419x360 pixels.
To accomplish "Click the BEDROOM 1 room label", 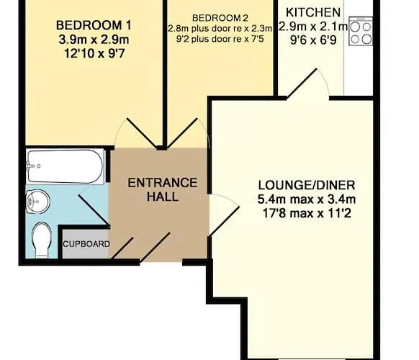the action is point(94,26).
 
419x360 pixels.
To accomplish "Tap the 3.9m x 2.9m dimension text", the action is point(94,40).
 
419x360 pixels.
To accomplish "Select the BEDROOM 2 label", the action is point(220,18).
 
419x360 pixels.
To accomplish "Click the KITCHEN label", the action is point(313,12).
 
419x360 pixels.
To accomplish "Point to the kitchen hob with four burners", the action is point(361,31).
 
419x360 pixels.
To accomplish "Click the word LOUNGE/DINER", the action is point(307,185).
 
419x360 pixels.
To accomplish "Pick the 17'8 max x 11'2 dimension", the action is point(307,214).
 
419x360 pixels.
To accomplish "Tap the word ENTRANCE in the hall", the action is point(163,183).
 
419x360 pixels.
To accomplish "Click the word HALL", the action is point(163,197).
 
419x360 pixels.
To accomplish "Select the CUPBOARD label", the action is point(86,244).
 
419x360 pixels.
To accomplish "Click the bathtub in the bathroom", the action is point(66,166).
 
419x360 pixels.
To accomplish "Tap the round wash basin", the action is point(37,202).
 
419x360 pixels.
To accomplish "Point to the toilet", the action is point(41,240).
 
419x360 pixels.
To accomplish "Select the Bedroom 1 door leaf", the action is point(142,132).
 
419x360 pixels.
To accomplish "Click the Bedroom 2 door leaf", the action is point(182,133).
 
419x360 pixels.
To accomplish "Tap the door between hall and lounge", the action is point(223,222).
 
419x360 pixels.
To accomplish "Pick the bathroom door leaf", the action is point(94,210).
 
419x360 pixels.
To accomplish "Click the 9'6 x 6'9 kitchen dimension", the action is point(313,40).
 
